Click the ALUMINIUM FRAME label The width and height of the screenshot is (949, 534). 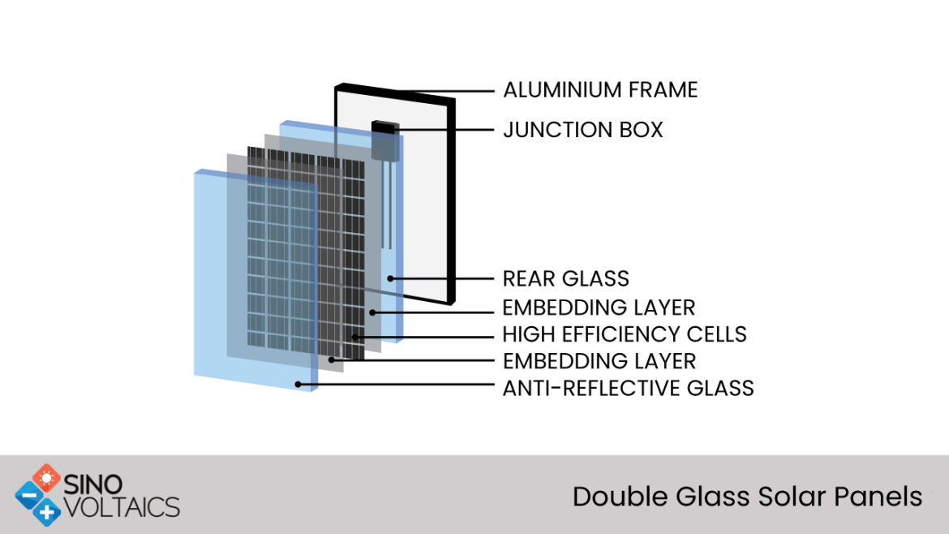click(600, 90)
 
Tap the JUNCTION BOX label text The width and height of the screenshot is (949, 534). click(583, 130)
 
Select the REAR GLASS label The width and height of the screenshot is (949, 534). click(566, 278)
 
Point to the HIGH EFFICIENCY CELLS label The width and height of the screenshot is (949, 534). click(625, 334)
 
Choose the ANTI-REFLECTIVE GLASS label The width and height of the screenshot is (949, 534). click(629, 388)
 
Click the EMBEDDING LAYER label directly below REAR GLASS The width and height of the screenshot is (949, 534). click(599, 308)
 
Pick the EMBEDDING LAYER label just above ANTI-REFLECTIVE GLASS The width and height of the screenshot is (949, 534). click(599, 361)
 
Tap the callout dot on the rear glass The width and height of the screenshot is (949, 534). click(391, 278)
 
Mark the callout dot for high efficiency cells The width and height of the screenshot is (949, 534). click(354, 337)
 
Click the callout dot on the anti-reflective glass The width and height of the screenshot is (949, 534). click(298, 385)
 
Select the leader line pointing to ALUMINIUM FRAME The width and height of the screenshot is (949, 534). click(446, 92)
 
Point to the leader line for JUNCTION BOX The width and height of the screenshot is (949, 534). click(447, 130)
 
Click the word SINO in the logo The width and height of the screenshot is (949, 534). click(92, 484)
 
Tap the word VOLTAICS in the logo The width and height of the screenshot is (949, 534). click(122, 507)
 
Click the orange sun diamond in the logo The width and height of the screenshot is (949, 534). click(46, 479)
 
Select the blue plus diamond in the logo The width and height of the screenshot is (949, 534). click(46, 512)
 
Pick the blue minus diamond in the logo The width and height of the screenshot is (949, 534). click(29, 496)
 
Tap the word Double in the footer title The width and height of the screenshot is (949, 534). click(620, 497)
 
